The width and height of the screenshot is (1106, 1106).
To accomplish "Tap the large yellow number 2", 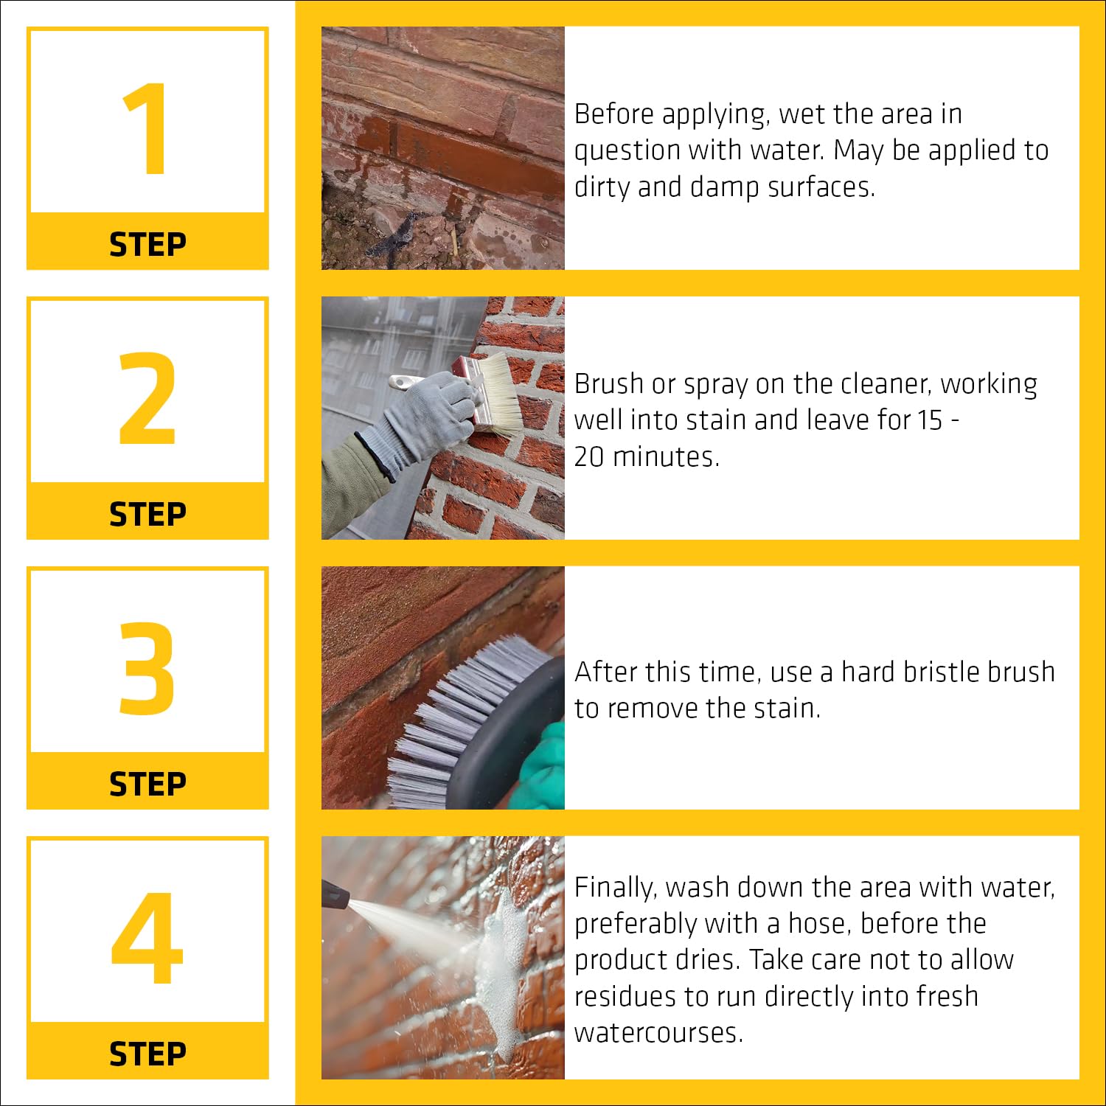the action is (147, 398).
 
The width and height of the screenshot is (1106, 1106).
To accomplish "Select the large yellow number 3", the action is (147, 668).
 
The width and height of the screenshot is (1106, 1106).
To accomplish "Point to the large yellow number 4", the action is (147, 938).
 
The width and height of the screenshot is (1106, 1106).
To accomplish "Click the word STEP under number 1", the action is (147, 245).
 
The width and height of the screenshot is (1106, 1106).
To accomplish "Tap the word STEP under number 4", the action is (147, 1054).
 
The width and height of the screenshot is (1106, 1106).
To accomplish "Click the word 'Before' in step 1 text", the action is (614, 114).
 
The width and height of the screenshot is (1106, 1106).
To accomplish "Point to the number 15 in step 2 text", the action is (931, 420).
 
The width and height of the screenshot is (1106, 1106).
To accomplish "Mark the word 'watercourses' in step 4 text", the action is (658, 1033).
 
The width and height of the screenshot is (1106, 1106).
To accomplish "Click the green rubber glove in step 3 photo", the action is (543, 767).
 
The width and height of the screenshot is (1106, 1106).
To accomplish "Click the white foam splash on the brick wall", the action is (501, 959).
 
